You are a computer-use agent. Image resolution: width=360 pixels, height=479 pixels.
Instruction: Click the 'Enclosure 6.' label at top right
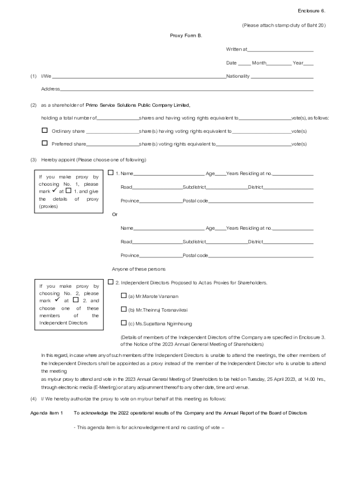point(311,11)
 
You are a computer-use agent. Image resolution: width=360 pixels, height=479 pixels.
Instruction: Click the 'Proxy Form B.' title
point(186,36)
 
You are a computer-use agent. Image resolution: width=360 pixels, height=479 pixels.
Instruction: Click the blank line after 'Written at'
point(280,49)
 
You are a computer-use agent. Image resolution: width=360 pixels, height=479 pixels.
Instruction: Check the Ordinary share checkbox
point(45,131)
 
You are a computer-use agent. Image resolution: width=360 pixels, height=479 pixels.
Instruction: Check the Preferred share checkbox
point(45,143)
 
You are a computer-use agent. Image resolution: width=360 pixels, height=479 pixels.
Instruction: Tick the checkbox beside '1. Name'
point(111,173)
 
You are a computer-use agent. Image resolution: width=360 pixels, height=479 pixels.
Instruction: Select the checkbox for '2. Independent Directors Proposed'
point(111,282)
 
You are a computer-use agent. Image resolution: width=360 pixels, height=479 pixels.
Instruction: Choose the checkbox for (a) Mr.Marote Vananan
point(124,296)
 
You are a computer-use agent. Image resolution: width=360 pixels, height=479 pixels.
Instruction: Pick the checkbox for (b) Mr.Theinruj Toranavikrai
point(124,309)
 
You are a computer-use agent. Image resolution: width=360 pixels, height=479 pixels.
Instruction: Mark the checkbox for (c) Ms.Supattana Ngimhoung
point(124,323)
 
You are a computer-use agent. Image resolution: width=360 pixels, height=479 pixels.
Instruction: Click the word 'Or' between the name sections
point(115,214)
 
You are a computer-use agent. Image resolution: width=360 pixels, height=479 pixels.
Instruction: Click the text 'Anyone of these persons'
point(138,269)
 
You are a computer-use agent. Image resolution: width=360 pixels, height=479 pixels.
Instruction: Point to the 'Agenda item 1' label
point(47,413)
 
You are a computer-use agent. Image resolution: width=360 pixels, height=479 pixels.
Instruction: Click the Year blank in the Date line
point(309,63)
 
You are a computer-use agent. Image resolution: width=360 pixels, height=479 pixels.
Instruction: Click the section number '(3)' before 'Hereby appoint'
point(33,160)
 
